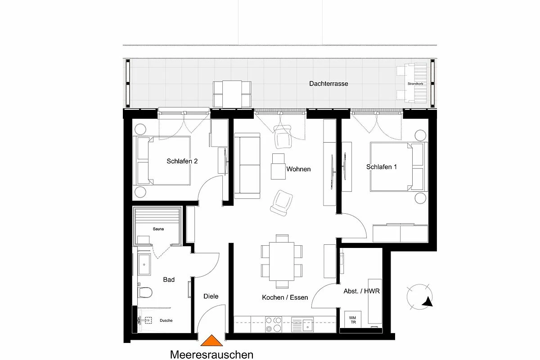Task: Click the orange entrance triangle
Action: click(211, 341)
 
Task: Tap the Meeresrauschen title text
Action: click(211, 355)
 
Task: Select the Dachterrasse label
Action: click(328, 84)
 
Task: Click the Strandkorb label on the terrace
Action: click(415, 84)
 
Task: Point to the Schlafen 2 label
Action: click(182, 161)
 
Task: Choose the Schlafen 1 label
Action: click(382, 167)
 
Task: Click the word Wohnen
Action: click(298, 169)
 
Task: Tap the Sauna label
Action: click(158, 229)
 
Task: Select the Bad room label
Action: click(169, 279)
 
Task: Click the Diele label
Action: click(211, 297)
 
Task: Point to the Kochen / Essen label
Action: click(285, 297)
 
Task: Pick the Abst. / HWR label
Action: click(362, 291)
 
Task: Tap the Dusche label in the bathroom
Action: click(166, 320)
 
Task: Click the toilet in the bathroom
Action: click(145, 292)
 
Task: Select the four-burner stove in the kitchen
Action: click(274, 324)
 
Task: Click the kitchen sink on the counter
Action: click(302, 324)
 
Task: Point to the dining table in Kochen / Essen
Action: click(282, 261)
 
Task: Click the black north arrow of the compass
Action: click(428, 301)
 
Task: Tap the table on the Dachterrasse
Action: click(232, 94)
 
